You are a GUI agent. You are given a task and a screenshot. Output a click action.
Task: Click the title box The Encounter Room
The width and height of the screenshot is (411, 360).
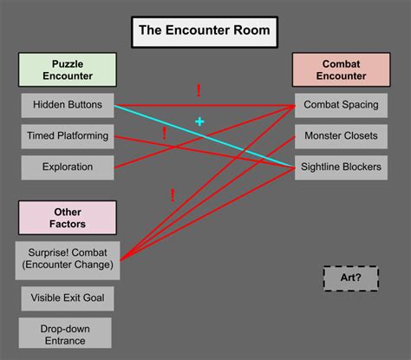point(205,32)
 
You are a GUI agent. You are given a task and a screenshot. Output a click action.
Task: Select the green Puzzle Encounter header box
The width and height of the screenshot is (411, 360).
point(68,69)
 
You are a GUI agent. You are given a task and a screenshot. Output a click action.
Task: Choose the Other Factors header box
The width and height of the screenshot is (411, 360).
point(68,218)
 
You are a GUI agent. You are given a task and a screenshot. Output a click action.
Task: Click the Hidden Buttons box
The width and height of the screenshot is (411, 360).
point(68,106)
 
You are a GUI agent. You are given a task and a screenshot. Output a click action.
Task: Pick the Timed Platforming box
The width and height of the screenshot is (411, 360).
point(68,136)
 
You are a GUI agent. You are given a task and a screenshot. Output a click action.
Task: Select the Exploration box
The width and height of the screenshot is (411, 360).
point(68,167)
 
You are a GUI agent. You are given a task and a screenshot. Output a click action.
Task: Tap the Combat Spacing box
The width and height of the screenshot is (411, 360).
point(341,106)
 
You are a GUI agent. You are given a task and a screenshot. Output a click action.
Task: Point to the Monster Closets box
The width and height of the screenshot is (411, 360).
point(341,136)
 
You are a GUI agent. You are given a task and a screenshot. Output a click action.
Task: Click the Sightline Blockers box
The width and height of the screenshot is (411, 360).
point(341,167)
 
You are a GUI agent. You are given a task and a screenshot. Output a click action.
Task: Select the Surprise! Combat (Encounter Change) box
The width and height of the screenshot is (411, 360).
point(68,260)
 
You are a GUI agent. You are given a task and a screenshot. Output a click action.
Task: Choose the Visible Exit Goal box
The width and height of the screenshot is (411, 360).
point(68,298)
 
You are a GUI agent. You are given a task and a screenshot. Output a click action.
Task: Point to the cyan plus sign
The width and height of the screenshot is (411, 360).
point(199,122)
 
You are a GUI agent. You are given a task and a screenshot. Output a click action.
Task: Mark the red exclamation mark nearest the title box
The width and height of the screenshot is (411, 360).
point(199,90)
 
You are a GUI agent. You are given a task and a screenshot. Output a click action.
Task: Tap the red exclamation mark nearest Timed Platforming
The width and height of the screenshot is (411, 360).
point(165,133)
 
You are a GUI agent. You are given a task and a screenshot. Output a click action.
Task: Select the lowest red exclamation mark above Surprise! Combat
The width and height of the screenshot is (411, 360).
point(173,195)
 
